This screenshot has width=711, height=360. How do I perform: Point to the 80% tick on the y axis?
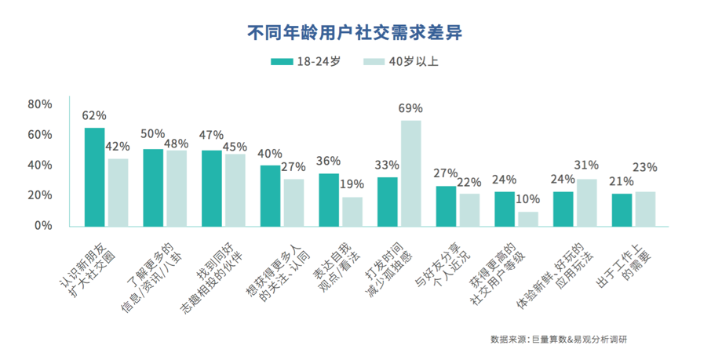click(x=39, y=104)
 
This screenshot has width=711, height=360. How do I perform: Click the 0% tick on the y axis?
click(x=42, y=225)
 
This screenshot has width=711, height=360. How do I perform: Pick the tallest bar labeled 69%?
click(x=411, y=173)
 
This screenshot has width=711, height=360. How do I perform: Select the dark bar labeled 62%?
click(x=95, y=176)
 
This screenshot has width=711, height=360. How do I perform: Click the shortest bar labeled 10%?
click(x=528, y=218)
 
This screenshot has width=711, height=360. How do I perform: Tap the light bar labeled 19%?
click(x=352, y=210)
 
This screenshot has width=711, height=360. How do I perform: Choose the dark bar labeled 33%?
click(x=388, y=201)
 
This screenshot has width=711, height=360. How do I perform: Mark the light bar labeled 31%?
click(x=586, y=202)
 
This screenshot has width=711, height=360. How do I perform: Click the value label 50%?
click(x=152, y=134)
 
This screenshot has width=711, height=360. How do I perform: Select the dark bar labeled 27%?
click(x=446, y=205)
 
